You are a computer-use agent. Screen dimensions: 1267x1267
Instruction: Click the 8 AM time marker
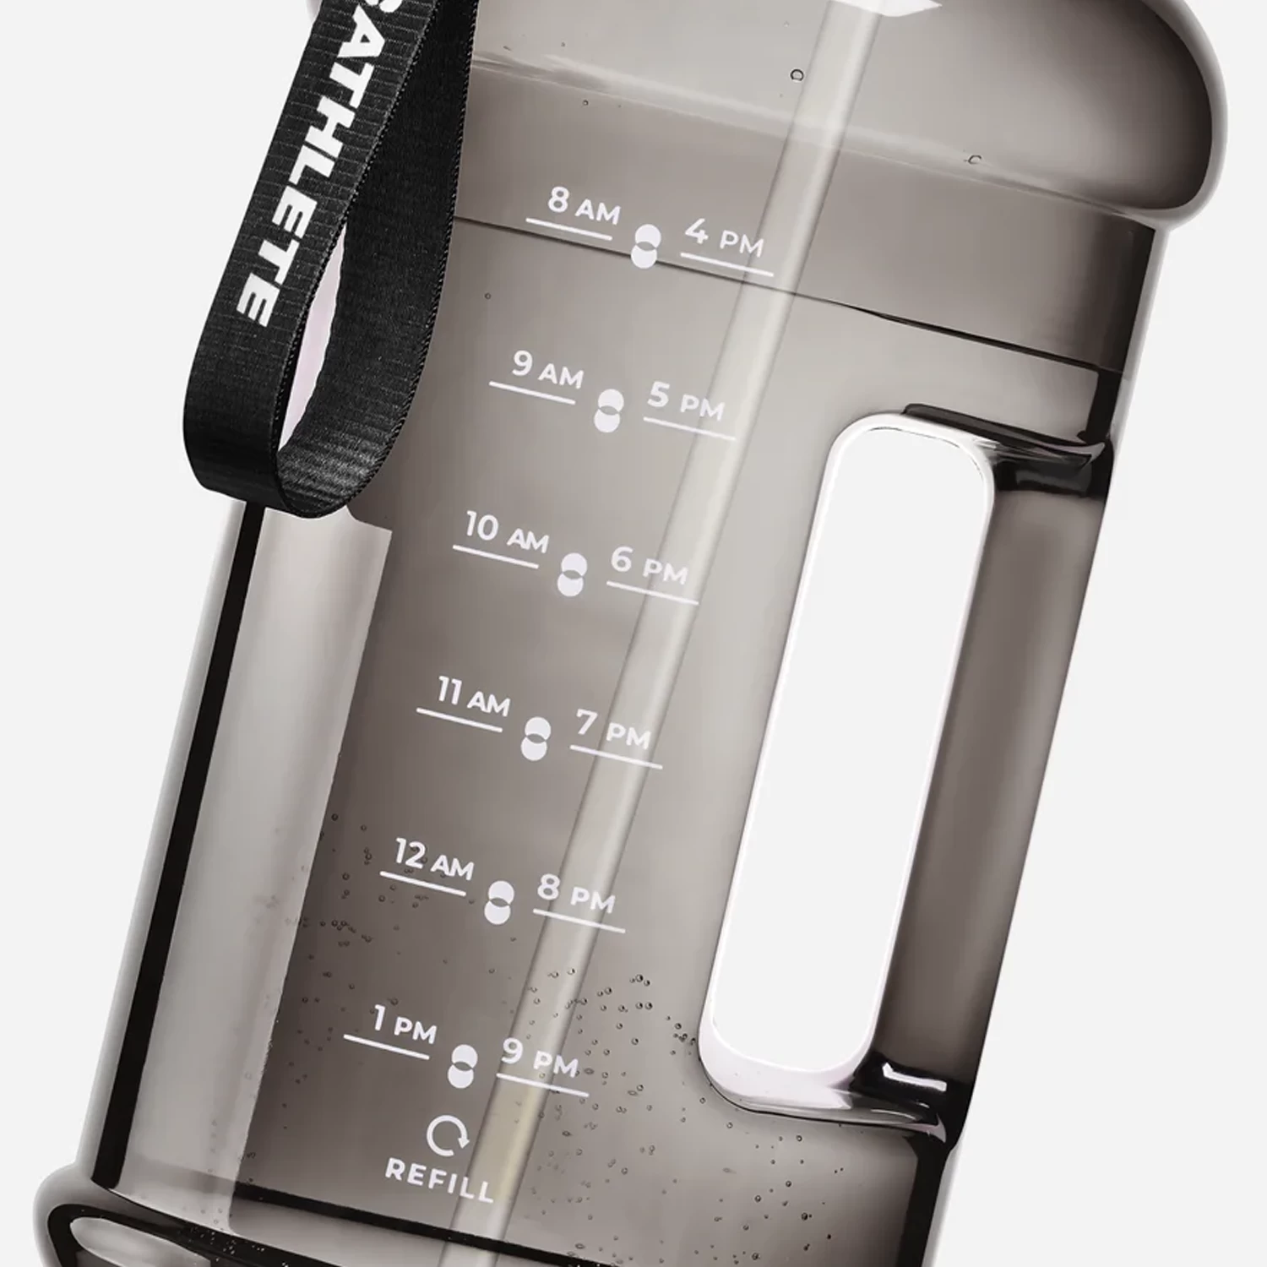(x=583, y=205)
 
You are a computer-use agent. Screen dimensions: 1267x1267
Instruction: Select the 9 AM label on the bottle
(x=546, y=370)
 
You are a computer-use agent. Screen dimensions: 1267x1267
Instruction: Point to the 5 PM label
(x=685, y=401)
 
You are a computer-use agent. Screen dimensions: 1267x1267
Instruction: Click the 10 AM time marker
(x=506, y=534)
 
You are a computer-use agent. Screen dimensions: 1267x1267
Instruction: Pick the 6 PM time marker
(x=649, y=566)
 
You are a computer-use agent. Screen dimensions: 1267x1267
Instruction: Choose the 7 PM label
(x=613, y=730)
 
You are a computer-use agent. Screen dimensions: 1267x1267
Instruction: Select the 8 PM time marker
(x=576, y=894)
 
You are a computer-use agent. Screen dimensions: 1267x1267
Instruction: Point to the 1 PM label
(x=403, y=1025)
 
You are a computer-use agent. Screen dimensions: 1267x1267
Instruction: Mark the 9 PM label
(x=540, y=1058)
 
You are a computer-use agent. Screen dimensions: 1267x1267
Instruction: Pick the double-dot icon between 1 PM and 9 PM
(x=462, y=1066)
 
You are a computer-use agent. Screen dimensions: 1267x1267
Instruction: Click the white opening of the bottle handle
(x=845, y=743)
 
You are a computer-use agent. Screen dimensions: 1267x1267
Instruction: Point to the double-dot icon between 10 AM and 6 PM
(x=571, y=574)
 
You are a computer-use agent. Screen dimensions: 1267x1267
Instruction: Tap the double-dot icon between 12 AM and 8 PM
(x=499, y=901)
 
